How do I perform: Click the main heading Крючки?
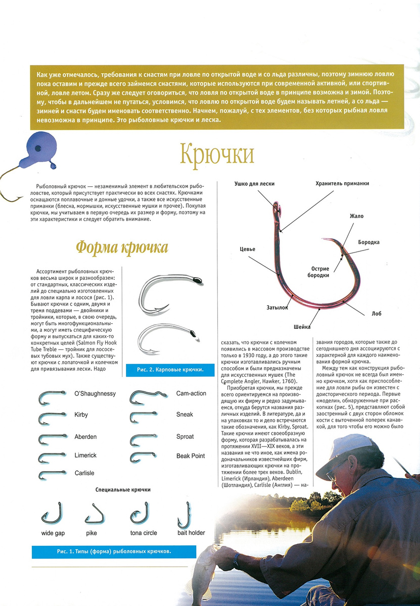pyautogui.click(x=217, y=153)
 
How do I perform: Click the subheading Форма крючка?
pyautogui.click(x=122, y=247)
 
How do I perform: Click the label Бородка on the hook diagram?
pyautogui.click(x=369, y=242)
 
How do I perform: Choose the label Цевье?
pyautogui.click(x=247, y=249)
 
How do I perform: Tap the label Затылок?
pyautogui.click(x=277, y=307)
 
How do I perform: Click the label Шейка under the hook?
pyautogui.click(x=302, y=327)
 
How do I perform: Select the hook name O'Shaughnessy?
pyautogui.click(x=95, y=393)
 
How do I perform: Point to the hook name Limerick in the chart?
pyautogui.click(x=85, y=455)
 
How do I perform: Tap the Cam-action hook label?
pyautogui.click(x=191, y=393)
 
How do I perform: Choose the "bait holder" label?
pyautogui.click(x=191, y=533)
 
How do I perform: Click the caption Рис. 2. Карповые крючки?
pyautogui.click(x=170, y=370)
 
